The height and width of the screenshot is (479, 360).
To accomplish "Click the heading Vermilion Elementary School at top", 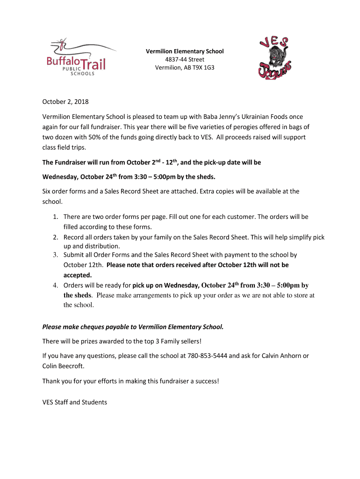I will coord(185,51).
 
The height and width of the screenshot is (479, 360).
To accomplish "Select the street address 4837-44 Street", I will coord(185,59).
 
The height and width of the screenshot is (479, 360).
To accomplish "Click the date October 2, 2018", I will coord(65,102).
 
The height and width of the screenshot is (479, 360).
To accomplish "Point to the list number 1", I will coord(55,217).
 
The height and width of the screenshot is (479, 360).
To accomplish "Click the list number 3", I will coord(55,255).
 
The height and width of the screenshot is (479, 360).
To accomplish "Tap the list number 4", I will coord(55,285).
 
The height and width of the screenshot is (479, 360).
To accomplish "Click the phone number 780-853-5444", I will coord(207,356).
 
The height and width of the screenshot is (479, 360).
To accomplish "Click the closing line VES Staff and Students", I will coord(75,402).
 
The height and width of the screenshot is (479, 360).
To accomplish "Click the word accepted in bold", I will coord(78,275).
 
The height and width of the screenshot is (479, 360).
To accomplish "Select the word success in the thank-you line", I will coord(204,381).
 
